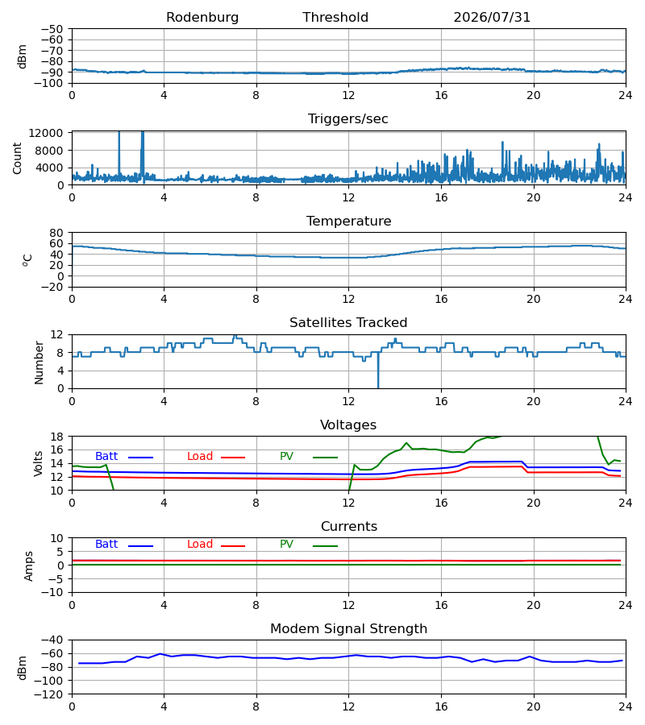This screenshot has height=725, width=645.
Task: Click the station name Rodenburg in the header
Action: [x=202, y=18]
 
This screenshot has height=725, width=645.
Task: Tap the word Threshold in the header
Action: [x=335, y=18]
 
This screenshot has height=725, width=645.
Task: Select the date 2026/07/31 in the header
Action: [x=492, y=18]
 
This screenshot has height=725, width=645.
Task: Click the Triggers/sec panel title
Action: [x=348, y=119]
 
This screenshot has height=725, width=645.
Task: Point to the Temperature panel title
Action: [x=348, y=221]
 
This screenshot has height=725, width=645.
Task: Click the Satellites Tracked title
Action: [x=348, y=323]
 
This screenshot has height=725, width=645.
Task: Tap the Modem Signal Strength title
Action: [x=348, y=629]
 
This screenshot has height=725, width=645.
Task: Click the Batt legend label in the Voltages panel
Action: [x=106, y=457]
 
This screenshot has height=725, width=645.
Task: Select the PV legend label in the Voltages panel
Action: [x=286, y=457]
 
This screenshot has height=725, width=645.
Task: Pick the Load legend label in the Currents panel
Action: [x=200, y=545]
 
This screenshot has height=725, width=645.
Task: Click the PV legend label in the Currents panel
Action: [x=286, y=545]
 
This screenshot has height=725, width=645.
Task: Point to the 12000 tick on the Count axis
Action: [x=46, y=133]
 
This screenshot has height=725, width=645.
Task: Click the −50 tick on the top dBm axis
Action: [x=52, y=29]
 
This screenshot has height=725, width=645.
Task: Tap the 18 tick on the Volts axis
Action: [x=57, y=437]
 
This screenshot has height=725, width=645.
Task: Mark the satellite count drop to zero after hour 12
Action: [x=378, y=387]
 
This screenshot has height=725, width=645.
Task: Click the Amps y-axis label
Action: [x=29, y=565]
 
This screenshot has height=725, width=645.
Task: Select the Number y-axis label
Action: [x=39, y=362]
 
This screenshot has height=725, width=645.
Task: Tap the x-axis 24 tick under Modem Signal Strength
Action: [x=625, y=707]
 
